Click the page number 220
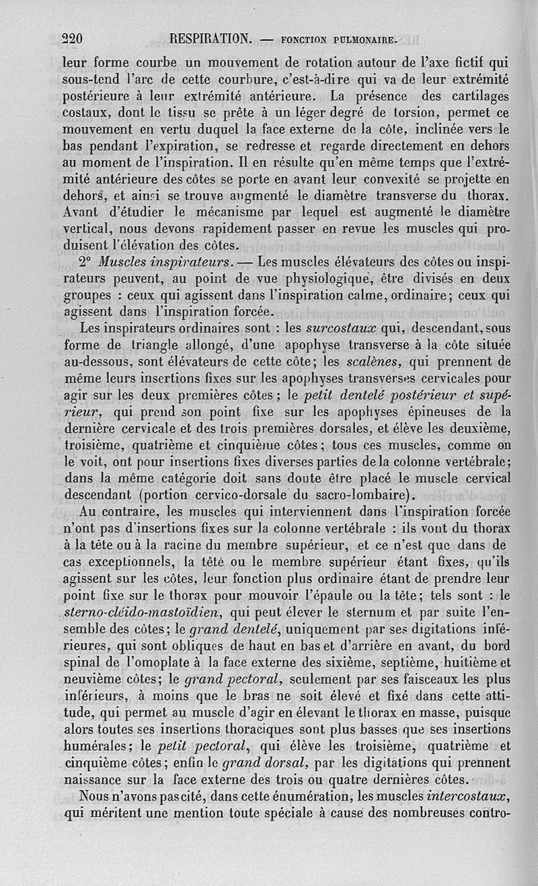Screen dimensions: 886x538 click(71, 39)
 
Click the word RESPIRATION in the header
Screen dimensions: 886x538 click(212, 39)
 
